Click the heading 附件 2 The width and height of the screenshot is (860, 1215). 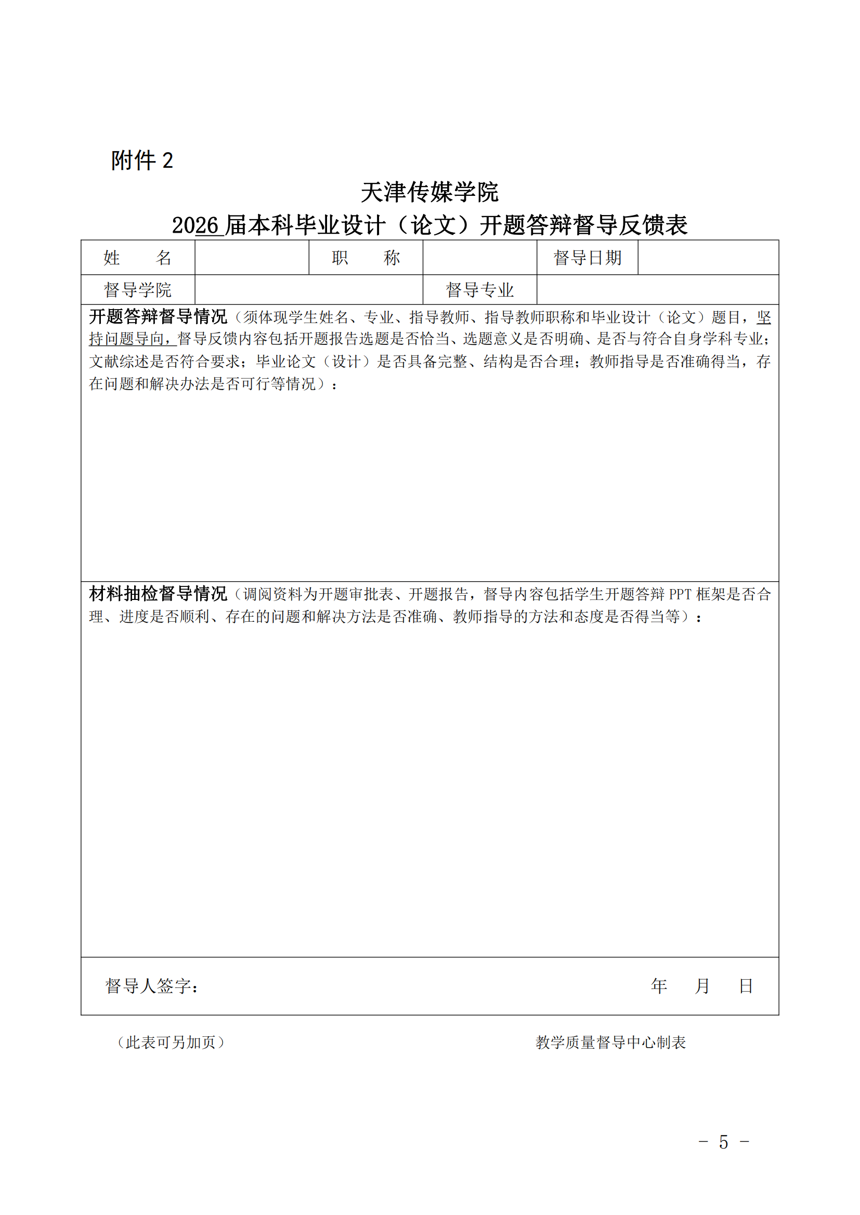(142, 161)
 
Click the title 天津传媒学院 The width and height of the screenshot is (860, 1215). (429, 192)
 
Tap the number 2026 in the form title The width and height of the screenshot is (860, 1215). (195, 225)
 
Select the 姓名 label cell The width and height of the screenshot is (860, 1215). (138, 258)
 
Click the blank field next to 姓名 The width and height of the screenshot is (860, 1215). (252, 258)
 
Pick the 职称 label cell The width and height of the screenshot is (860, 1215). (366, 258)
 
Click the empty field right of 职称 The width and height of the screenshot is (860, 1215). (479, 258)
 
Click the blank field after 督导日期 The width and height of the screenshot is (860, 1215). (708, 258)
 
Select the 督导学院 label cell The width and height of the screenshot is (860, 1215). (138, 290)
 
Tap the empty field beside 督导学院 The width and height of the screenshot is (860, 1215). (309, 290)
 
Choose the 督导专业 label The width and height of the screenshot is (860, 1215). (479, 290)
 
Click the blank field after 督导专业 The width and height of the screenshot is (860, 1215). (657, 290)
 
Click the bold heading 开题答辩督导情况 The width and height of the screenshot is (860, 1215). (158, 317)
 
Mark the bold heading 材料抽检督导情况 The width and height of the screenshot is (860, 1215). (158, 594)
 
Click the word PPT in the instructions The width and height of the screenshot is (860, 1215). (680, 594)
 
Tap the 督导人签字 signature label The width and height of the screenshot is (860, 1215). (152, 986)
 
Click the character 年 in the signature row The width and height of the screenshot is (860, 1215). (659, 985)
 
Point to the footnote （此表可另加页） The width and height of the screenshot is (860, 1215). (171, 1042)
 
